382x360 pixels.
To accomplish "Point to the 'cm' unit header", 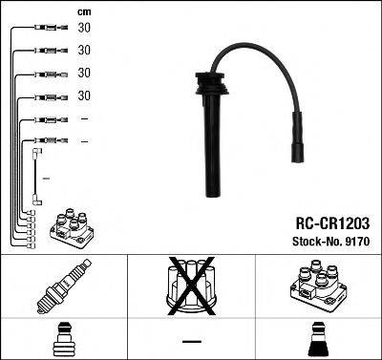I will pos(83,11).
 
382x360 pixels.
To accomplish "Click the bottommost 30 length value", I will pos(84,95).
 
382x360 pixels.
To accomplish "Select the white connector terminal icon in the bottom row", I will pos(63,338).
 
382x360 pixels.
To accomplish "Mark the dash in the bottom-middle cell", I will pos(191,340).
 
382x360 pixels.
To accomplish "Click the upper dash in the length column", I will pos(84,118).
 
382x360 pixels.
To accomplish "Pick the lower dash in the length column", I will pos(84,141).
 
